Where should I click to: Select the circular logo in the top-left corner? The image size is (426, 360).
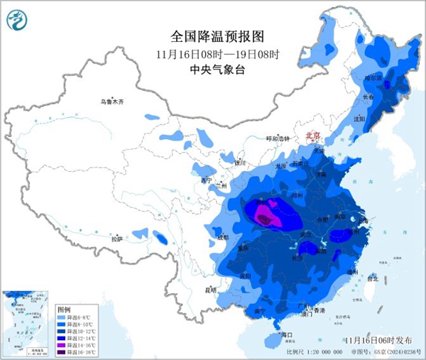[x=16, y=19]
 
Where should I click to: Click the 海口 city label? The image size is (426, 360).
[x=287, y=334]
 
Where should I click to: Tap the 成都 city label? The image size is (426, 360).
[x=224, y=236]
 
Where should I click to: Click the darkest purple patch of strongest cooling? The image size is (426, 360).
[x=264, y=220]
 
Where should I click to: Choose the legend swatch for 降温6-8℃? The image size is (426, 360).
[x=62, y=317]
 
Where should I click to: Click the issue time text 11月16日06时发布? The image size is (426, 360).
[x=381, y=341]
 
